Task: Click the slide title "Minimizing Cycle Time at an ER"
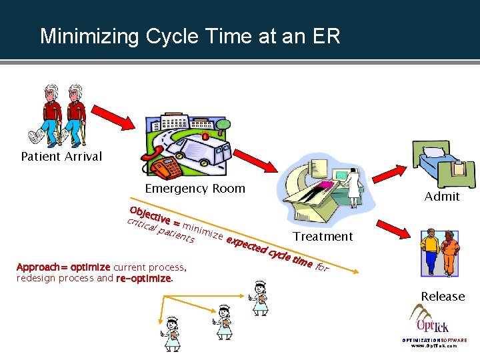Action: [190, 36]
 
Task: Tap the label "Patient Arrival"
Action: [61, 157]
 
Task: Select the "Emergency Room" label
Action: [195, 189]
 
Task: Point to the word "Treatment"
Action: [323, 236]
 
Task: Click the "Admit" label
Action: [442, 196]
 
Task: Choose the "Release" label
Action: [443, 296]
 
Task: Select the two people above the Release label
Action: [440, 253]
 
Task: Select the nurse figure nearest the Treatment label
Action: [258, 297]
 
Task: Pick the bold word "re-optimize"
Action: [143, 278]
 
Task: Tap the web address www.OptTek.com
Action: [434, 346]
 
